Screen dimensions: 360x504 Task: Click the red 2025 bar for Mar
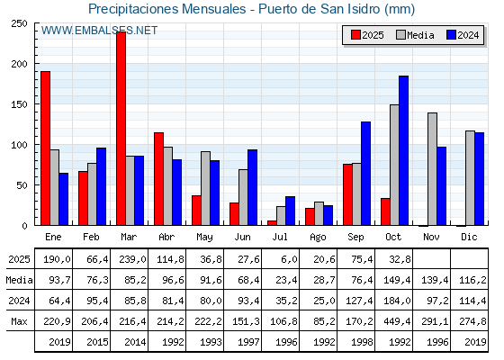(121, 129)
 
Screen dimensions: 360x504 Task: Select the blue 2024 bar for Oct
(403, 150)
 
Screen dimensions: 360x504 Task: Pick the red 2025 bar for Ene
(45, 148)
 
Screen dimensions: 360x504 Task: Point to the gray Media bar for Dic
(470, 178)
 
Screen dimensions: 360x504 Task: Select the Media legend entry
(414, 35)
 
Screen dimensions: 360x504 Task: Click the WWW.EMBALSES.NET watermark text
(99, 31)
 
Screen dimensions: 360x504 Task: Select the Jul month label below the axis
(281, 236)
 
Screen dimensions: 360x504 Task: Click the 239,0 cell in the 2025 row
(130, 259)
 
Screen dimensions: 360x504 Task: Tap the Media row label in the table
(17, 280)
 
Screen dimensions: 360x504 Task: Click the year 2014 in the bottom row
(130, 342)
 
